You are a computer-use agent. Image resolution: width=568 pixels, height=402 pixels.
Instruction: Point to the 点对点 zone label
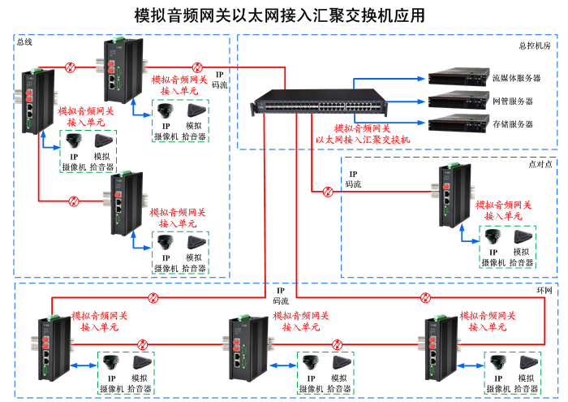pos(540,163)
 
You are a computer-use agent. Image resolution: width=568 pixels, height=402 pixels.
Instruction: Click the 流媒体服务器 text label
pos(516,79)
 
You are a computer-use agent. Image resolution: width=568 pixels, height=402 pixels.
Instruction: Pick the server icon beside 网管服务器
pos(458,101)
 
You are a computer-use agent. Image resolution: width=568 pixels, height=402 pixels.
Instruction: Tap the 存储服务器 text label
pos(513,124)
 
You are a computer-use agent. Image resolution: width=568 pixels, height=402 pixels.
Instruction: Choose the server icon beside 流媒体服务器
pos(458,78)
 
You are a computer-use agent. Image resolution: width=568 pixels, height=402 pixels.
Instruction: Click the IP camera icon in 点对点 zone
pos(493,237)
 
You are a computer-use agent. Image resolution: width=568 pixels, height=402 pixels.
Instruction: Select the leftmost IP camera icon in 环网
pos(112,362)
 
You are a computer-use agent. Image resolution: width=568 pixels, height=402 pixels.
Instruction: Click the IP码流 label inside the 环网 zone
pos(281,296)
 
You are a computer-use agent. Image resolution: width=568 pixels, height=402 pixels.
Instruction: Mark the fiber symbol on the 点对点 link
pos(328,192)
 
